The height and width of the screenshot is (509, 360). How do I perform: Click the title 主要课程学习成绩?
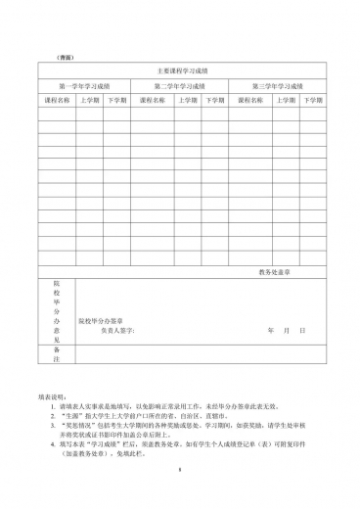pos(181,71)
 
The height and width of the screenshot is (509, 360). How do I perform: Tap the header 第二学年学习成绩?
pos(180,86)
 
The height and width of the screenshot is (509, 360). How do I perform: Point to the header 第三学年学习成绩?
pos(278,86)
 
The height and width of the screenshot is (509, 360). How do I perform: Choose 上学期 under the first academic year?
pos(89,100)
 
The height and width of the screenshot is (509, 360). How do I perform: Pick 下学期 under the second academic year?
pos(214,100)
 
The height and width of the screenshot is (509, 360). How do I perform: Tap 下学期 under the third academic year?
pos(311,100)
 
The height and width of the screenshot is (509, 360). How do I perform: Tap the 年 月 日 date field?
pos(288,331)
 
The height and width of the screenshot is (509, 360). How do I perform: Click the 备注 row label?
pos(57,353)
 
